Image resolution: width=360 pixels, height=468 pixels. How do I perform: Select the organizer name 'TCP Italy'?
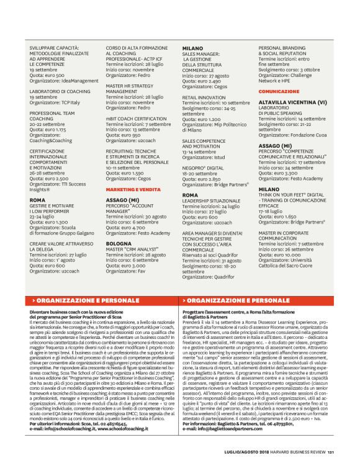pos(73,101)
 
